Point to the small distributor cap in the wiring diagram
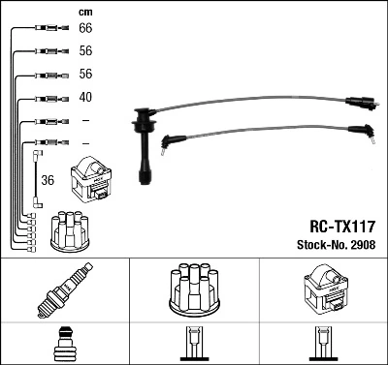71,229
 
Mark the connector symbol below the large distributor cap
193,345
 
